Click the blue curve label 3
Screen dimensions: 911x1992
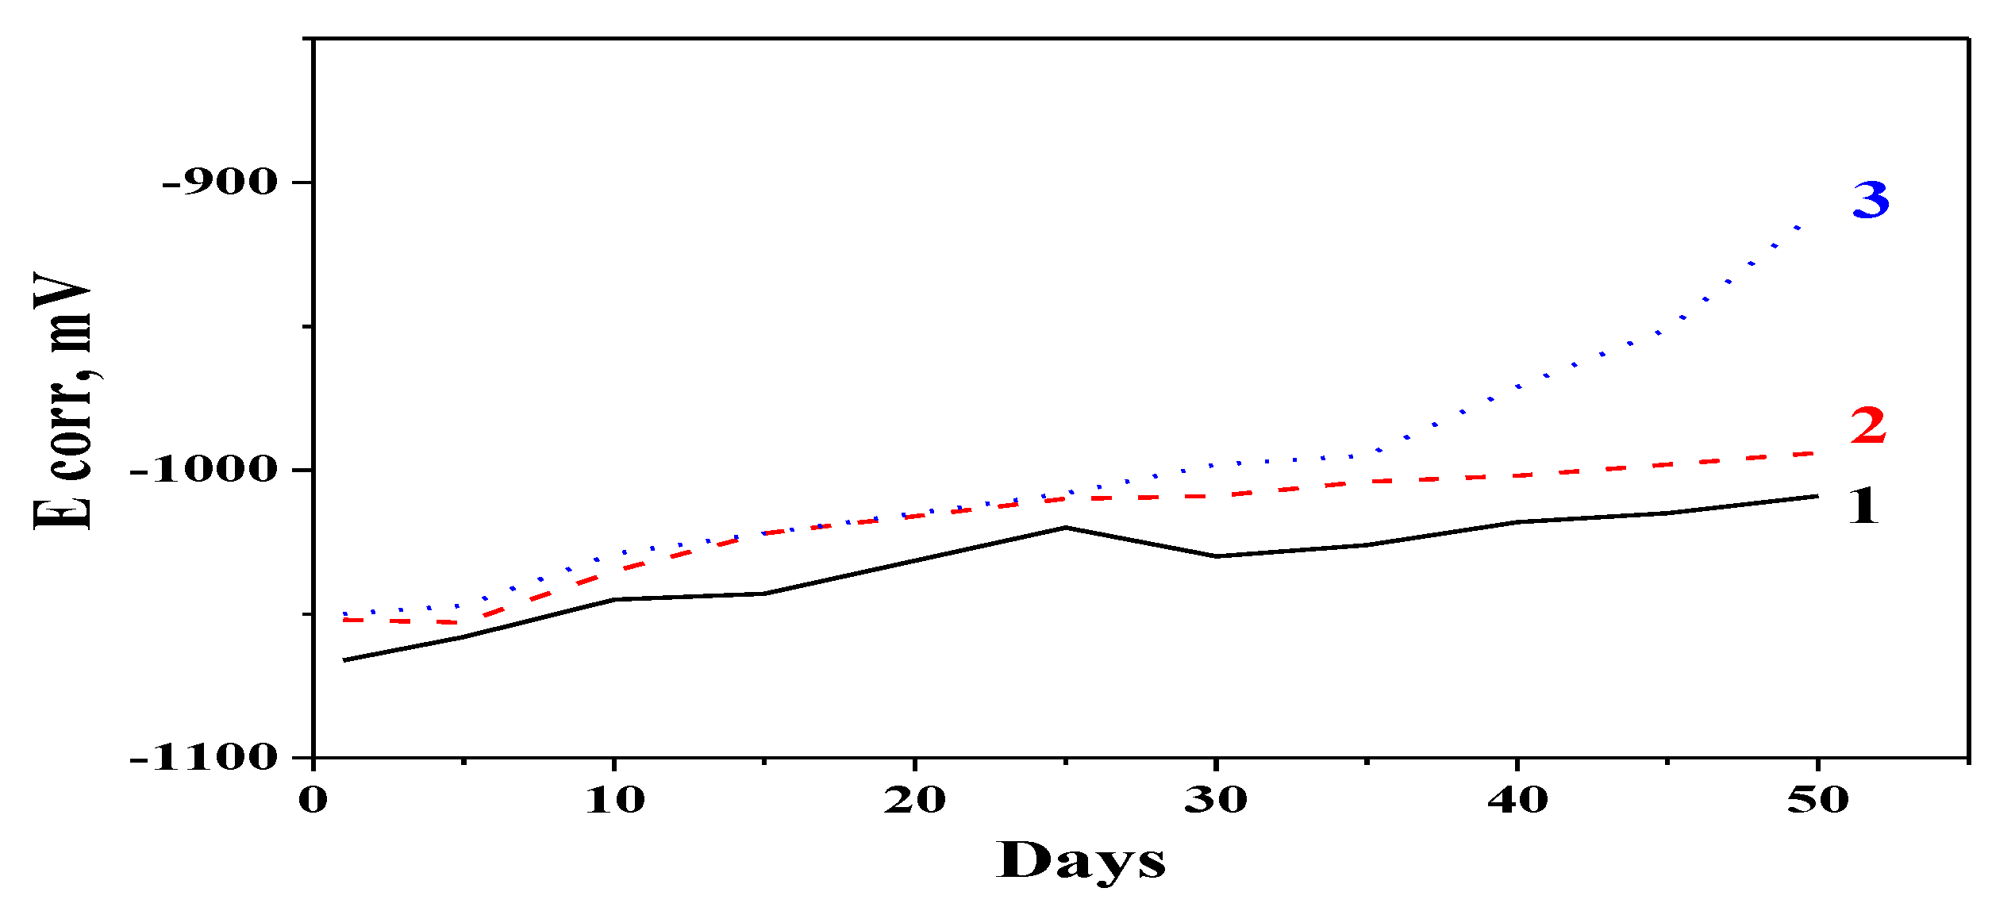pyautogui.click(x=1871, y=200)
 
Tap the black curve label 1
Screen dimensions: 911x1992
pyautogui.click(x=1863, y=506)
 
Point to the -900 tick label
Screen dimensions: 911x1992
pyautogui.click(x=220, y=183)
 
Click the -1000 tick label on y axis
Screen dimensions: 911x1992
pyautogui.click(x=204, y=470)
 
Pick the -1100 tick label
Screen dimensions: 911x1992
pyautogui.click(x=204, y=758)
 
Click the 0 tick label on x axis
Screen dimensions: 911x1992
pyautogui.click(x=313, y=800)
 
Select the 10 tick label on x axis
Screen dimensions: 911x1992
pyautogui.click(x=615, y=800)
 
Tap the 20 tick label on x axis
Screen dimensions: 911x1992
pyautogui.click(x=915, y=800)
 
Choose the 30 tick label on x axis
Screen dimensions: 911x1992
pyautogui.click(x=1216, y=800)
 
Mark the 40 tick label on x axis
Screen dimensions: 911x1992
pyautogui.click(x=1517, y=800)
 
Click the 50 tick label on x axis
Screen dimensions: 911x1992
pyautogui.click(x=1818, y=800)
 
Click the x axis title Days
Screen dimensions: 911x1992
pyautogui.click(x=1081, y=861)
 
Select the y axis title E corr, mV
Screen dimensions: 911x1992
pyautogui.click(x=63, y=401)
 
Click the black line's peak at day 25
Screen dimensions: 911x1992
pyautogui.click(x=1066, y=527)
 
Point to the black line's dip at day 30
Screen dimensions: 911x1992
pyautogui.click(x=1217, y=556)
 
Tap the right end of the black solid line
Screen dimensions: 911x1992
pyautogui.click(x=1817, y=496)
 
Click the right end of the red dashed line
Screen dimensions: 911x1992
pyautogui.click(x=1816, y=453)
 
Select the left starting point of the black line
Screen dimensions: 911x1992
pyautogui.click(x=344, y=660)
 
